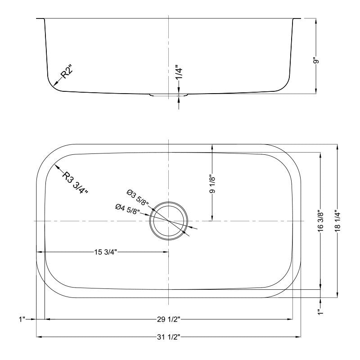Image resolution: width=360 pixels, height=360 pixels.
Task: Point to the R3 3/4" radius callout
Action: tap(74, 182)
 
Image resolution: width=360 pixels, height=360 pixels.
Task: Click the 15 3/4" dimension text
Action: tap(106, 252)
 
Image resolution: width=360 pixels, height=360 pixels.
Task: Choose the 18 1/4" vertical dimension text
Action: tap(337, 221)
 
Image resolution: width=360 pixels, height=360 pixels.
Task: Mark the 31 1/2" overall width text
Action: tap(169, 337)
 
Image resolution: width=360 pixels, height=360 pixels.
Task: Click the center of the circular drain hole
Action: tap(168, 221)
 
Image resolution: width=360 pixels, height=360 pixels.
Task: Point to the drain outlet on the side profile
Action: tap(168, 94)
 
